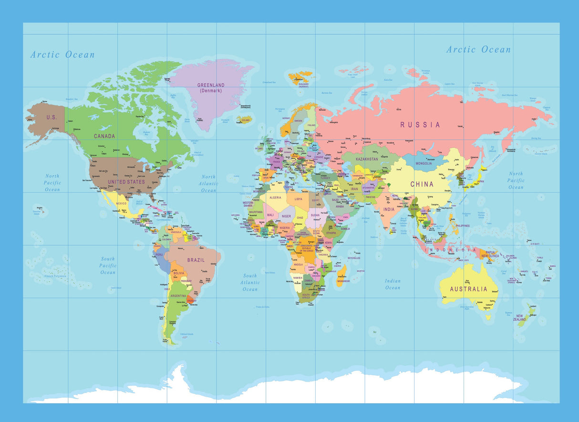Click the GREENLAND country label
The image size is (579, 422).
point(211,85)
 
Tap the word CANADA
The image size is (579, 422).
point(104,136)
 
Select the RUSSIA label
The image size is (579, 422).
point(420,125)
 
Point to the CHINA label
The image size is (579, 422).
point(422,184)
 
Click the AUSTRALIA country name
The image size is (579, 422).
point(469,289)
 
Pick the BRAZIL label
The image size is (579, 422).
point(196,260)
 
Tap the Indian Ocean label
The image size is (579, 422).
point(393,284)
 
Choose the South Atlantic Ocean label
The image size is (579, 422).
point(250,282)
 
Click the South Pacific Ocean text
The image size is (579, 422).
point(108,265)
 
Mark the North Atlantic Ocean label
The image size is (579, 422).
point(208,183)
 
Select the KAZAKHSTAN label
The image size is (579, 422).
point(367,159)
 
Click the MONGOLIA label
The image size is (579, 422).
point(424,163)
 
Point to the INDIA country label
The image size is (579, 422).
point(389,209)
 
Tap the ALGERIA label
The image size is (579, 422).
point(276,197)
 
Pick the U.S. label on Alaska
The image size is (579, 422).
point(51,117)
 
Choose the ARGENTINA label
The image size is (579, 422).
point(177,296)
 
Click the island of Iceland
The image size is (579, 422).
point(245,120)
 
